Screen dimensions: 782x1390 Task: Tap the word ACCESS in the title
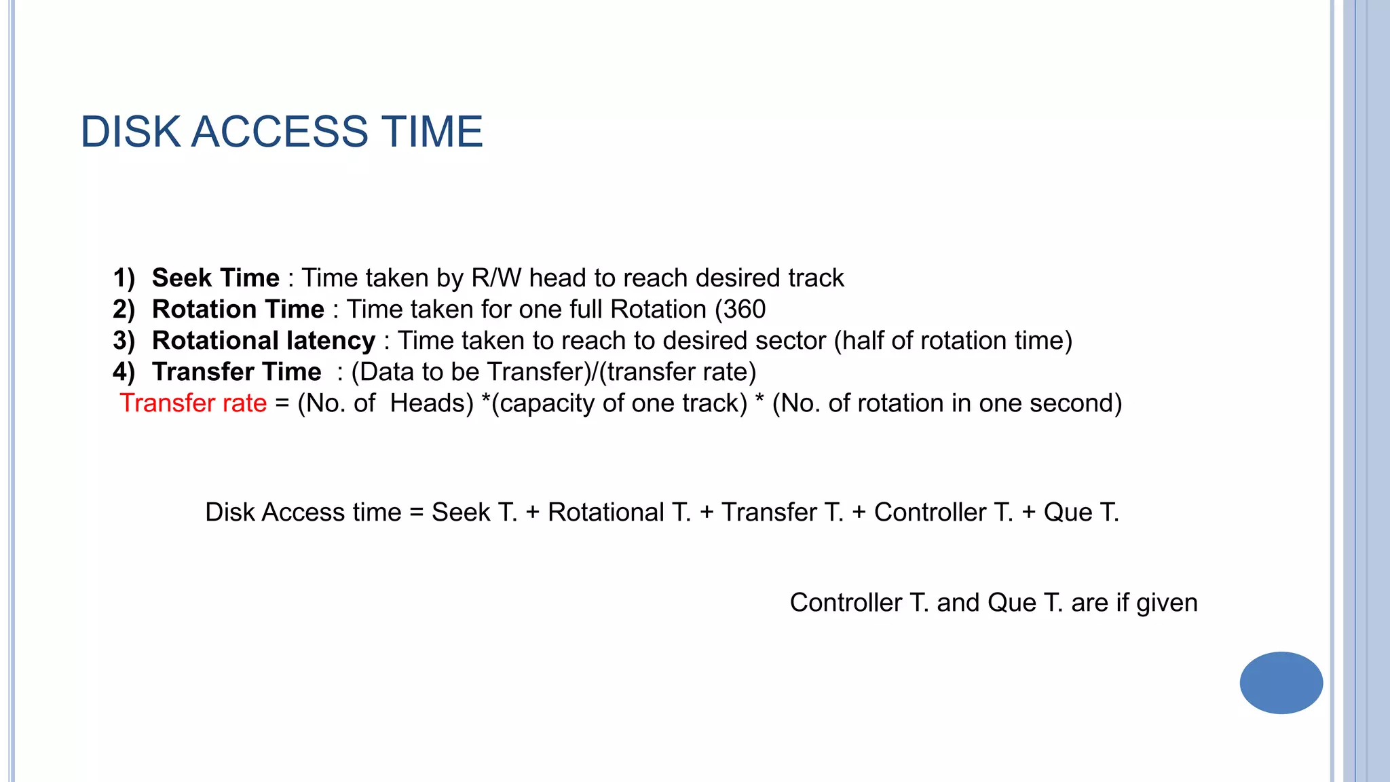pyautogui.click(x=280, y=132)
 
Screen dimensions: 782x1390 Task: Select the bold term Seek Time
pyautogui.click(x=215, y=278)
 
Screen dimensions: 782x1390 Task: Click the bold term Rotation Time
pyautogui.click(x=238, y=310)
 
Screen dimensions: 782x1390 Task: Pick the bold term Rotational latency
pyautogui.click(x=263, y=341)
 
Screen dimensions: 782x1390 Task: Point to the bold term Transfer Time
pyautogui.click(x=236, y=372)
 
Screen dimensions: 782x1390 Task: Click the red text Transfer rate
pyautogui.click(x=193, y=403)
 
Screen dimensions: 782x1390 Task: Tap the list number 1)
pyautogui.click(x=124, y=278)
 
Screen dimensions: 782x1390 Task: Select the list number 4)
pyautogui.click(x=124, y=372)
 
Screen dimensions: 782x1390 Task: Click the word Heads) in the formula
pyautogui.click(x=432, y=403)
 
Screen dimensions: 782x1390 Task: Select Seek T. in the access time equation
pyautogui.click(x=474, y=513)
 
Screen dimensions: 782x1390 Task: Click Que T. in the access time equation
pyautogui.click(x=1081, y=513)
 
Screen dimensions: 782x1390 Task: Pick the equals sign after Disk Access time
pyautogui.click(x=416, y=513)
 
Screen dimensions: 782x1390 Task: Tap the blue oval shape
pyautogui.click(x=1281, y=683)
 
